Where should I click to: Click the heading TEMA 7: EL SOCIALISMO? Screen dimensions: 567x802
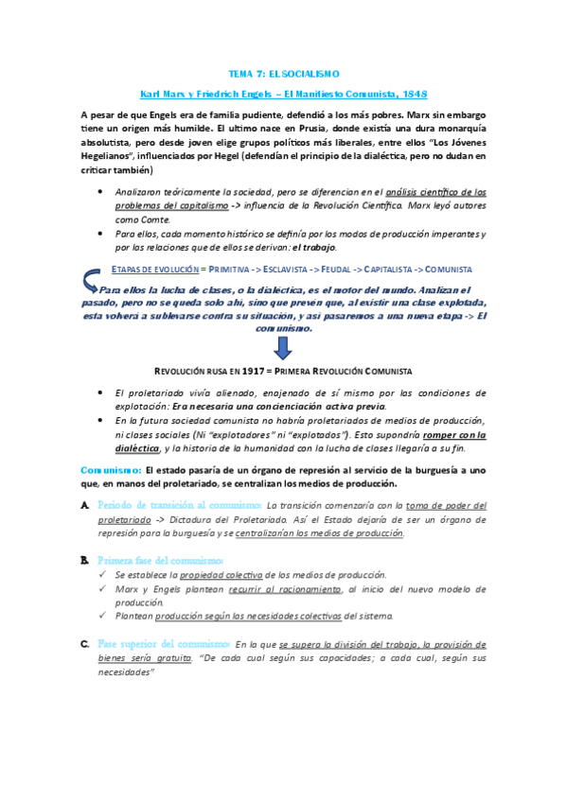tap(283, 73)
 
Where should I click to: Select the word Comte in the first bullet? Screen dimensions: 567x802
tap(133, 218)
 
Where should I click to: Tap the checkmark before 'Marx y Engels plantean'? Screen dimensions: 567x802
tap(103, 588)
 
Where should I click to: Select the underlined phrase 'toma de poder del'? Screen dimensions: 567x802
tap(448, 506)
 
